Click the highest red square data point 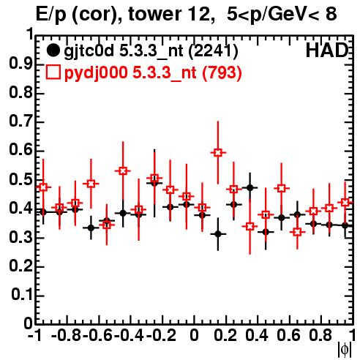coord(218,153)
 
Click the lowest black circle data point coord(218,234)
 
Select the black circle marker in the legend coord(53,50)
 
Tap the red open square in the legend coord(53,72)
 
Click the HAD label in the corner coord(327,50)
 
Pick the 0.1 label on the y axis coord(21,295)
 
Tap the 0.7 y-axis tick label coord(20,121)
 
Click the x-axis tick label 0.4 coord(257,335)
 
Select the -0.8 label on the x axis coord(67,335)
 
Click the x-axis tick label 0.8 coord(320,335)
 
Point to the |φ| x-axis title coord(345,350)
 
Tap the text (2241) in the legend coord(213,51)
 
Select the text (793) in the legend coord(222,72)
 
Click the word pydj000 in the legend coord(96,73)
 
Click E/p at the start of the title coord(51,15)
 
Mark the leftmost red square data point coord(43,187)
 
